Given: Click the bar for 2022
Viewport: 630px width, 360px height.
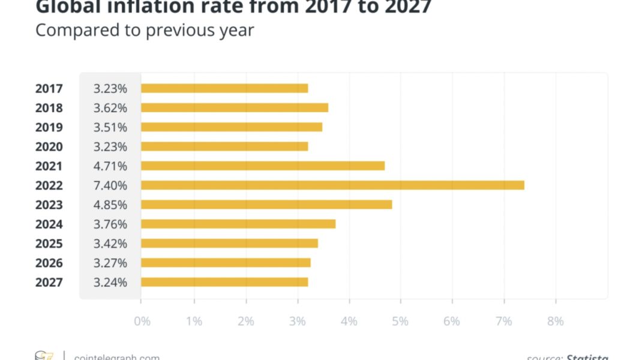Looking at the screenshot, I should [x=332, y=185].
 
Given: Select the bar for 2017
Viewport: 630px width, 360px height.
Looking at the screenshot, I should [x=224, y=88].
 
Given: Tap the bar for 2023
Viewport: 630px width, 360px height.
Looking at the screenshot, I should [x=266, y=205].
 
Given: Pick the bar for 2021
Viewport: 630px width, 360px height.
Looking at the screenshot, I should [x=263, y=166].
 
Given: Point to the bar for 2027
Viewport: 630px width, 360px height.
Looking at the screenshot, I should [x=224, y=282].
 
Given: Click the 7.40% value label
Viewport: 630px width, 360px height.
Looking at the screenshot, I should [x=110, y=185].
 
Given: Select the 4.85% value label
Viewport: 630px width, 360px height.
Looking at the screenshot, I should [x=110, y=205].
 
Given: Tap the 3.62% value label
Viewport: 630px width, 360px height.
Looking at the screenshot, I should [x=110, y=108].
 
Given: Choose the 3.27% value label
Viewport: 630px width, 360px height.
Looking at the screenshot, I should [x=110, y=263].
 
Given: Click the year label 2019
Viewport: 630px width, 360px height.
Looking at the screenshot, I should [x=49, y=127].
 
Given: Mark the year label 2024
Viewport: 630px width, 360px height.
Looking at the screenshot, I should [x=49, y=224].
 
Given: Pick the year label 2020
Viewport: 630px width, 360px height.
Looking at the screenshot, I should [x=49, y=146].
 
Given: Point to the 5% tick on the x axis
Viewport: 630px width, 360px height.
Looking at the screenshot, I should [x=400, y=322].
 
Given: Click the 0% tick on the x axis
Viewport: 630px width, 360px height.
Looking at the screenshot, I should [x=142, y=322].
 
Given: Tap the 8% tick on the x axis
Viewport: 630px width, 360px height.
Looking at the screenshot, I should [x=556, y=322].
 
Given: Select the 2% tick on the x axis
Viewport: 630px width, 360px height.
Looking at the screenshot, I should [x=245, y=322].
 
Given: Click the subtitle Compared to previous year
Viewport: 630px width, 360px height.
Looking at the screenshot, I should [x=145, y=29].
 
